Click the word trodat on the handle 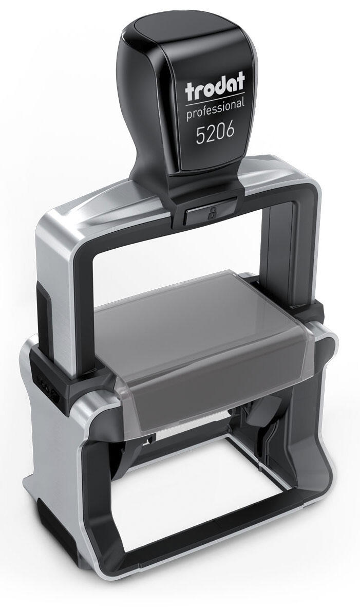pos(215,87)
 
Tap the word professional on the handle pos(215,110)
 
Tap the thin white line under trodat pos(215,100)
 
